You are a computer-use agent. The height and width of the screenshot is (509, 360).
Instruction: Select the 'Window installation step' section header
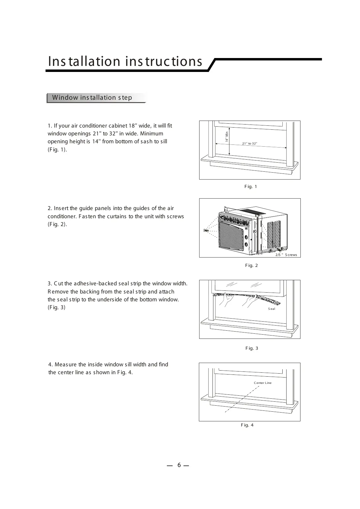coord(92,98)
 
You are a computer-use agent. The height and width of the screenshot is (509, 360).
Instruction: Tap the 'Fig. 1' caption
coord(251,187)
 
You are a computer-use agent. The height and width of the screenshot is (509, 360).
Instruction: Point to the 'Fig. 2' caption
coord(251,266)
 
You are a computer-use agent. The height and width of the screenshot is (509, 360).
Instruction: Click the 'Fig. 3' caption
coord(251,349)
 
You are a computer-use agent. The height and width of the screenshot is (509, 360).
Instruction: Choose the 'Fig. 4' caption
coord(247,425)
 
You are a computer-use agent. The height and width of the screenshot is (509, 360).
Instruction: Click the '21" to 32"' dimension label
coord(250,143)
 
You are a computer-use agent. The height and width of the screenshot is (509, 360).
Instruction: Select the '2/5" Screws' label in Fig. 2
coord(286,255)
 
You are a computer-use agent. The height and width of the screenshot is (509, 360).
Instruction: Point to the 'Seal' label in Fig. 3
coord(271,309)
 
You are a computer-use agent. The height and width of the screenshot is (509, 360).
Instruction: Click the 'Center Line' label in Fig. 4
coord(262,383)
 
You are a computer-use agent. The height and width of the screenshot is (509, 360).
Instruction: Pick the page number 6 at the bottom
coord(179,465)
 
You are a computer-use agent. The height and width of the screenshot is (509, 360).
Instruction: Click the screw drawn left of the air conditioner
coord(206,231)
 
